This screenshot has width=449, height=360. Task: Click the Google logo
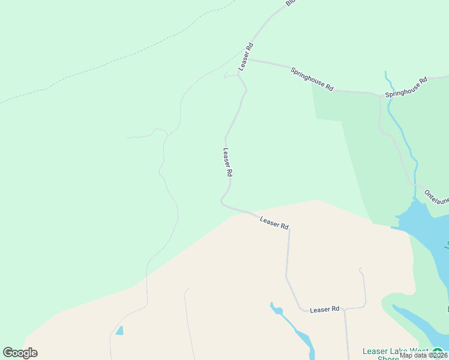coord(20,353)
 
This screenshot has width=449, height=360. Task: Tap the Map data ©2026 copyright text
coord(423,355)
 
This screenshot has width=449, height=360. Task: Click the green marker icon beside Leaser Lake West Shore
coord(438,352)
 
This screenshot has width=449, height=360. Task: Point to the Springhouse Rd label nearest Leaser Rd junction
coord(312,79)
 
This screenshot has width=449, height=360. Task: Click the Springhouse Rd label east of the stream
coord(406,87)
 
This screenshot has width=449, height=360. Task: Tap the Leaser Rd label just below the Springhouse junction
coord(246,56)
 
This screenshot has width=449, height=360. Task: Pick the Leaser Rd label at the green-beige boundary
coord(274,223)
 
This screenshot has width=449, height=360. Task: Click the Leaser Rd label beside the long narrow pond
coord(325,310)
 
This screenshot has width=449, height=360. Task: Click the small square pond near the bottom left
coord(120,331)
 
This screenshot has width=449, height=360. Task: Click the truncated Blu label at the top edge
coord(291,3)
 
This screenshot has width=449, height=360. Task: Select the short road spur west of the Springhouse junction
coord(231,76)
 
